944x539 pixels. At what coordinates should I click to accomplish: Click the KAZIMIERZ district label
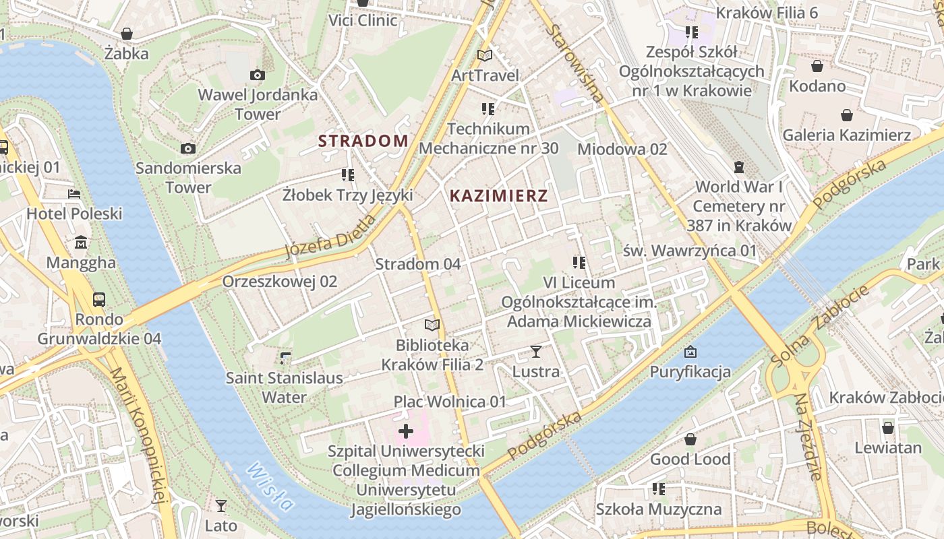[498, 196]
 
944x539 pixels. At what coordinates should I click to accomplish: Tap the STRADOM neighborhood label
[363, 141]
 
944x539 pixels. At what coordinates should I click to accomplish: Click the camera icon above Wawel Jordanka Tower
[257, 75]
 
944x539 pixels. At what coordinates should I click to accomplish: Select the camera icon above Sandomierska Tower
[188, 148]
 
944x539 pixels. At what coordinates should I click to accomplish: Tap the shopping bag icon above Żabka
[126, 34]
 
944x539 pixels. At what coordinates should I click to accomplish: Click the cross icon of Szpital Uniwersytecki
[406, 431]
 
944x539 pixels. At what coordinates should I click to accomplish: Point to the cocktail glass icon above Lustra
[536, 351]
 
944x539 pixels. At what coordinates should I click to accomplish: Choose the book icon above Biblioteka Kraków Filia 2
[432, 325]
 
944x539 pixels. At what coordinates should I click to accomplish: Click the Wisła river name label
[270, 486]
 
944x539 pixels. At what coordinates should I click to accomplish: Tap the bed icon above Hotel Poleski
[74, 194]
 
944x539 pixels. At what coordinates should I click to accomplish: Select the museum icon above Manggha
[82, 242]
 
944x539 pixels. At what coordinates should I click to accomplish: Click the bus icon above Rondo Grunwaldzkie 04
[99, 298]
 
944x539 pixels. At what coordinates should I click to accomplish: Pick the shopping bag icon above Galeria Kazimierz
[846, 115]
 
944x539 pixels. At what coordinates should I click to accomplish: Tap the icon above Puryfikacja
[690, 352]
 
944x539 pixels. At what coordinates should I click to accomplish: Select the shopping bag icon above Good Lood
[690, 439]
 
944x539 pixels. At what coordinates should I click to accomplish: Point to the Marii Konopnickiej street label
[138, 435]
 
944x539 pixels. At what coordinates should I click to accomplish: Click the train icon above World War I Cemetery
[739, 166]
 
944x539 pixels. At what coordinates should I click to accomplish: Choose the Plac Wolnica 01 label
[450, 402]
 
